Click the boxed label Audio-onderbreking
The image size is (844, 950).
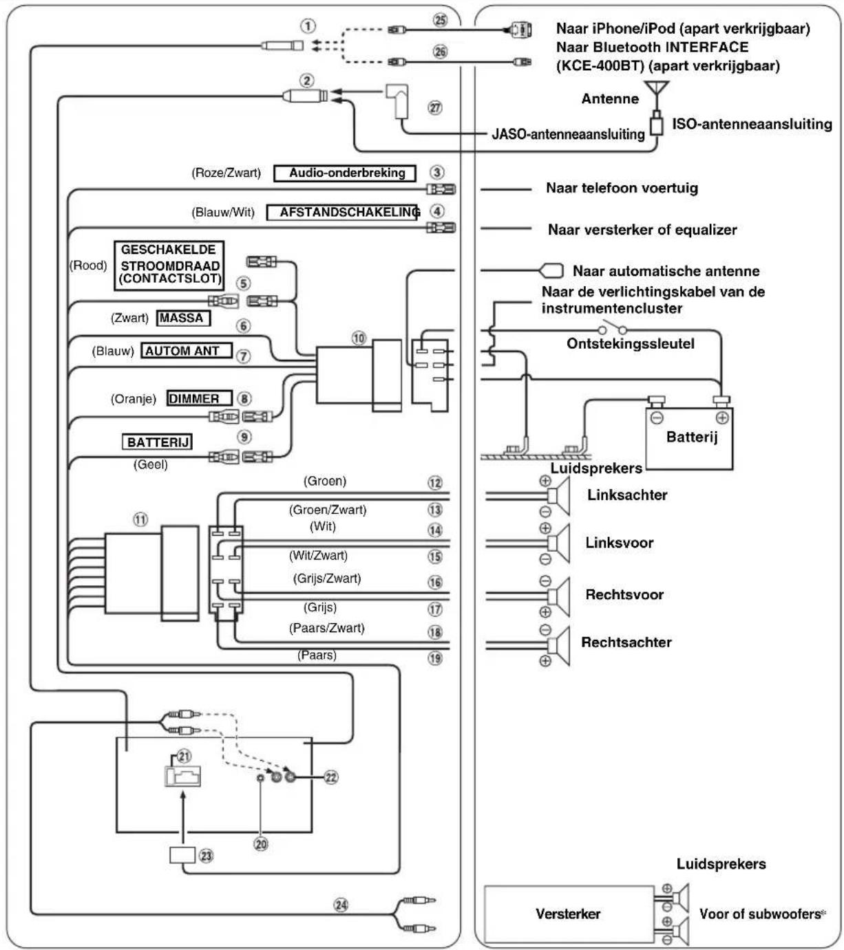(x=344, y=173)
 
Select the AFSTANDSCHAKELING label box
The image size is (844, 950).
(x=343, y=213)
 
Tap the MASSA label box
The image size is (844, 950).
(x=183, y=318)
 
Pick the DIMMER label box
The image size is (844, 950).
(x=200, y=398)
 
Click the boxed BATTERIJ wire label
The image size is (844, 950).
(x=157, y=442)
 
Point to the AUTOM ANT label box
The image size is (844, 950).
(x=187, y=351)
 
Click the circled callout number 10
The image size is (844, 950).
(x=359, y=338)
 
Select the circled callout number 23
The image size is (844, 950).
(x=206, y=856)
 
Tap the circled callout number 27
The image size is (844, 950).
(x=435, y=108)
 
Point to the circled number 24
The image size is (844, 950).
(x=341, y=905)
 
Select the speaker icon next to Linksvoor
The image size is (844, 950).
(x=558, y=543)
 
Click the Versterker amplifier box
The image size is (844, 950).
(x=569, y=914)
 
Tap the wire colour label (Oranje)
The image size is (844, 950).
(x=134, y=399)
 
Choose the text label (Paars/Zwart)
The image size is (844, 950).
(x=327, y=628)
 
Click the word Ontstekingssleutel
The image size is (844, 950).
(x=631, y=344)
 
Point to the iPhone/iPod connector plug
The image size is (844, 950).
(x=520, y=30)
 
